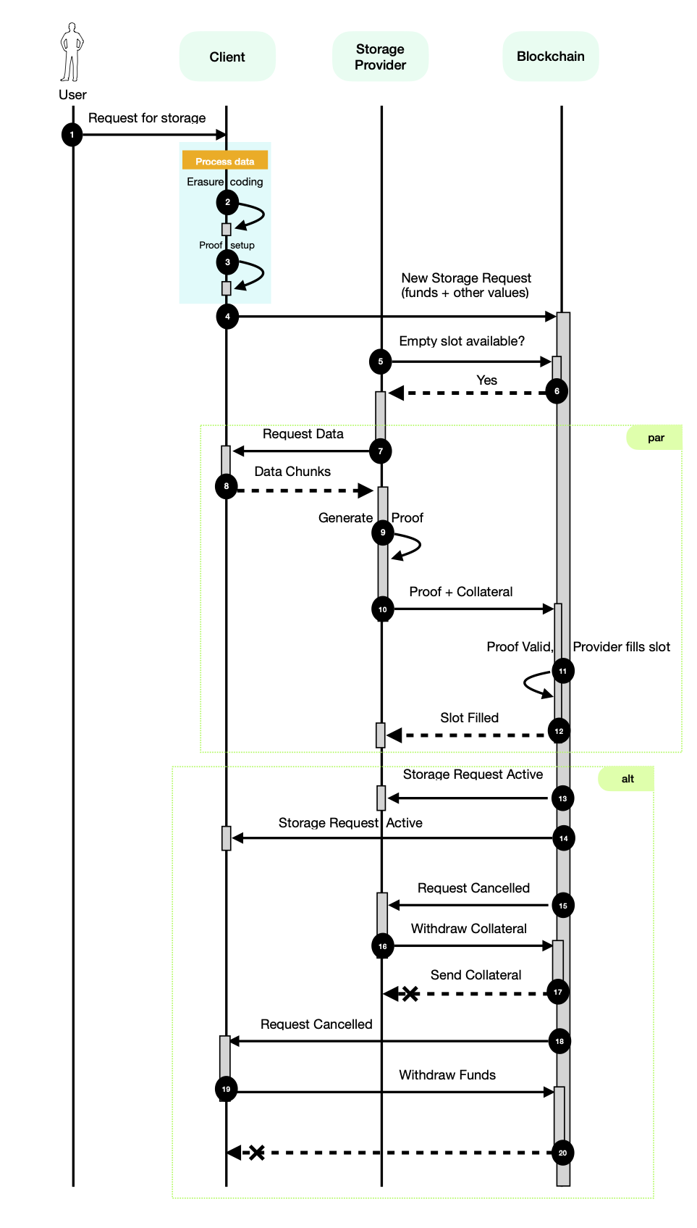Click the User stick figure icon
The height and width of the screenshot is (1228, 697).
pyautogui.click(x=72, y=52)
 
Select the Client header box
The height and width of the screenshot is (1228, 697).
pyautogui.click(x=227, y=57)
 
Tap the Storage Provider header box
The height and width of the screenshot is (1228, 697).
pyautogui.click(x=380, y=57)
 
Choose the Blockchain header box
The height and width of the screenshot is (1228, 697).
pyautogui.click(x=550, y=57)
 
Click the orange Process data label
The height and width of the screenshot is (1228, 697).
pyautogui.click(x=224, y=161)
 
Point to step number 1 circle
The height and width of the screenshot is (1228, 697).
pyautogui.click(x=72, y=135)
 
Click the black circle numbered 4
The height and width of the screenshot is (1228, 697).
pyautogui.click(x=227, y=317)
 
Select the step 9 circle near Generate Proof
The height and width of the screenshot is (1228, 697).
pyautogui.click(x=383, y=532)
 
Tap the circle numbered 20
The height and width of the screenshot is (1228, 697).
pyautogui.click(x=562, y=1153)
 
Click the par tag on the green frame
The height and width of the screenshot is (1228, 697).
pyautogui.click(x=656, y=438)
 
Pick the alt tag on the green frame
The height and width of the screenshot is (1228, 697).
pyautogui.click(x=628, y=779)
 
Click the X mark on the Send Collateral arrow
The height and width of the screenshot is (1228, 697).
pyautogui.click(x=410, y=994)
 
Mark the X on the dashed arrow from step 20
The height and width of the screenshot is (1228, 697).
pyautogui.click(x=257, y=1153)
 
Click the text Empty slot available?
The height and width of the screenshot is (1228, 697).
pyautogui.click(x=462, y=341)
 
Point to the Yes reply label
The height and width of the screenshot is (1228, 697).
pyautogui.click(x=486, y=380)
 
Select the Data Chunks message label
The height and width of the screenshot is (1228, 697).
pyautogui.click(x=292, y=472)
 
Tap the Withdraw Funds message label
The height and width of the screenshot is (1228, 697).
pyautogui.click(x=447, y=1075)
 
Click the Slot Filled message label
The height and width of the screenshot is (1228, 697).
pyautogui.click(x=469, y=718)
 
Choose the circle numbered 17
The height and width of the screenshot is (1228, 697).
pyautogui.click(x=557, y=992)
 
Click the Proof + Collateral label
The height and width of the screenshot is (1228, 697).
pyautogui.click(x=461, y=592)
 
